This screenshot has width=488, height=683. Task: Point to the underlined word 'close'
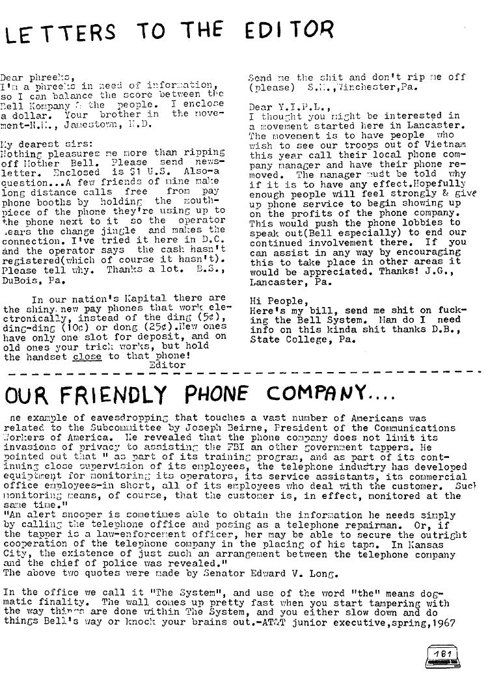tap(87, 356)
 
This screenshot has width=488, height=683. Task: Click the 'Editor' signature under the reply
tap(167, 365)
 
